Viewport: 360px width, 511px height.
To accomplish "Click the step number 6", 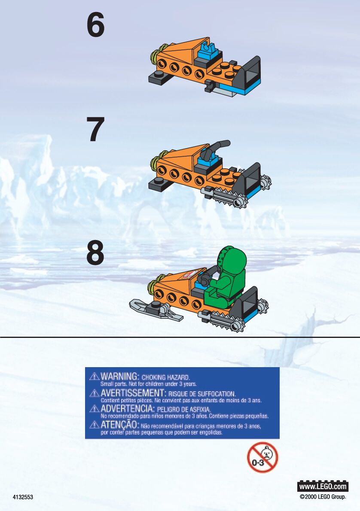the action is click(95, 26).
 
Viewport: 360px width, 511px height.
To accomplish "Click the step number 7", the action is click(95, 129).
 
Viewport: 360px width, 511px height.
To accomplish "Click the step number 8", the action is click(95, 253).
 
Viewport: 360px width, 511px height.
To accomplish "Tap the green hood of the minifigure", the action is click(232, 260).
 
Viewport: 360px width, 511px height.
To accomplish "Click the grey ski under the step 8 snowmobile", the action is click(156, 310).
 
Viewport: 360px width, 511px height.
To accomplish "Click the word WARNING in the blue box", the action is click(119, 377).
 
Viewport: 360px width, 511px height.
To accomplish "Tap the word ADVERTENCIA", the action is click(127, 409).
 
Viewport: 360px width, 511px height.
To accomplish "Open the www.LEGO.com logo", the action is click(323, 487).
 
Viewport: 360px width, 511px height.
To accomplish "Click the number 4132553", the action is click(23, 497).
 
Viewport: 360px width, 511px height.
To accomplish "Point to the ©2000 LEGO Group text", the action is click(323, 497).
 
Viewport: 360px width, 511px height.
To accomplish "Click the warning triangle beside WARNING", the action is click(94, 377).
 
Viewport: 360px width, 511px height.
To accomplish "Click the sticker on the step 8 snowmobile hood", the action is click(190, 274).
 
